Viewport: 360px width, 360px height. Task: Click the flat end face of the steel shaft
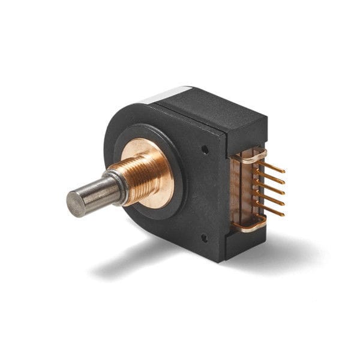[x=76, y=204]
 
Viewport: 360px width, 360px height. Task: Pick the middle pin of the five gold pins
[x=273, y=188]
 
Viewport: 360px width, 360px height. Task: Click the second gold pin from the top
[x=273, y=178]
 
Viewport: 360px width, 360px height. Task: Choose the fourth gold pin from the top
[x=273, y=199]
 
